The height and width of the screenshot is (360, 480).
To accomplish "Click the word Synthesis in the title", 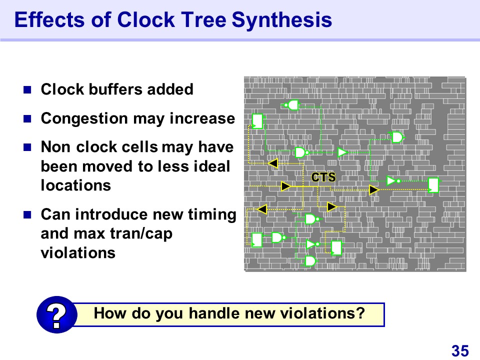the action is point(281,20).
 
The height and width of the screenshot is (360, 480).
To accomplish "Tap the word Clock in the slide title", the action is point(145,19).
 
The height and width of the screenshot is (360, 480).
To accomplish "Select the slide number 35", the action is point(460,350).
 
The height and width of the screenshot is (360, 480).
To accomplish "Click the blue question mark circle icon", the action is point(56,314).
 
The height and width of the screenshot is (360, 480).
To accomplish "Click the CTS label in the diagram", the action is point(323,177).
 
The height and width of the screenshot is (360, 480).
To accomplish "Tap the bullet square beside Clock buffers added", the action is point(27,89).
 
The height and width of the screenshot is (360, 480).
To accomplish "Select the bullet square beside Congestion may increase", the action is point(27,119).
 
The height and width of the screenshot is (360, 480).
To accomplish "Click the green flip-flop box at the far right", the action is point(433,185).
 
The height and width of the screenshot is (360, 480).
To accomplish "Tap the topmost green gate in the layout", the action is point(292,105).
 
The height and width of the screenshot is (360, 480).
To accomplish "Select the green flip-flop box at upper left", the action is point(257,121).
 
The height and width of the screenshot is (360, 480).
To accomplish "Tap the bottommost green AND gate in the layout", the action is point(310,261).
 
